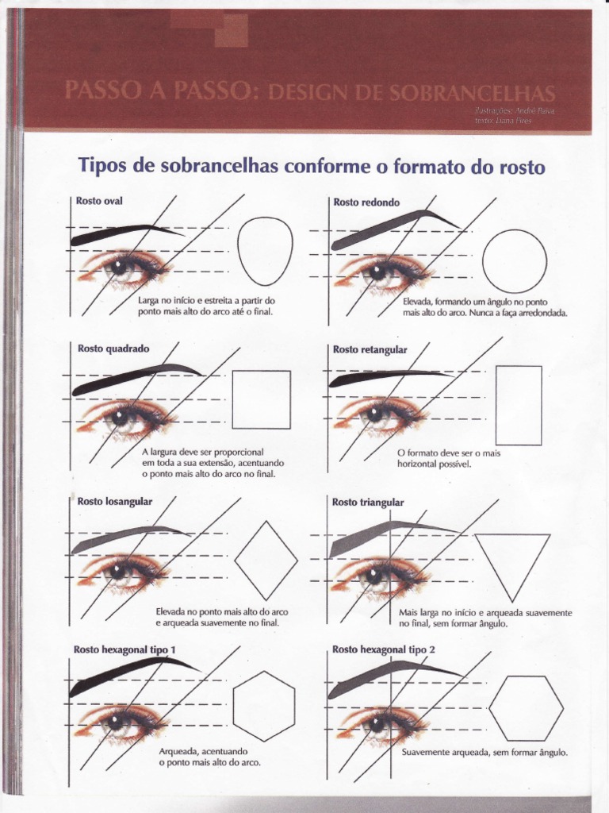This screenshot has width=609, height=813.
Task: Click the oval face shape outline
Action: [265, 251]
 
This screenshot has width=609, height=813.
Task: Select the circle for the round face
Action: [515, 261]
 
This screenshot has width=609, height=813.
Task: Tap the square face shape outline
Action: [261, 399]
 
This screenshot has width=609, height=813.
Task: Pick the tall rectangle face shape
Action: [519, 405]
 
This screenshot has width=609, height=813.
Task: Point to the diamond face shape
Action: [266, 560]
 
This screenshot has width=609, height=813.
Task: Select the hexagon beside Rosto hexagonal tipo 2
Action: [526, 707]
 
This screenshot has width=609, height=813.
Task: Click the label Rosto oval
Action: [99, 202]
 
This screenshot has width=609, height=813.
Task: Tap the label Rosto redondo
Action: [366, 202]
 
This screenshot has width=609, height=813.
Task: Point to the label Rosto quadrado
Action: [113, 349]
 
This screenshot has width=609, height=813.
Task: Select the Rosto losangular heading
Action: [115, 501]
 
